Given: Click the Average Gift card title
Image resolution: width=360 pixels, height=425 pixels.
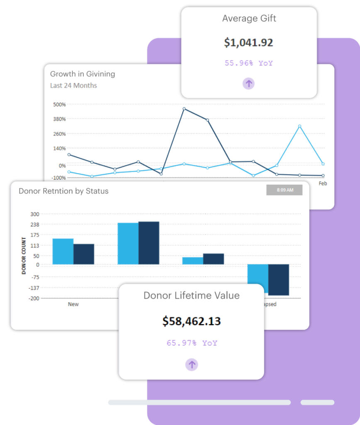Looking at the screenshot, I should point(249,19).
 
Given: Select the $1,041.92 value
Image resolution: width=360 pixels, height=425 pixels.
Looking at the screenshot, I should point(248,42).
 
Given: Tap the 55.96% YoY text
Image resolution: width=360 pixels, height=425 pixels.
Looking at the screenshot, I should point(249,63).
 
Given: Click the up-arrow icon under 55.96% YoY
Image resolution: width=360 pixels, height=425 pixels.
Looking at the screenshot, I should point(248,84).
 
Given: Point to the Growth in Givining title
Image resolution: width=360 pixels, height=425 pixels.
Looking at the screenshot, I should point(83,74).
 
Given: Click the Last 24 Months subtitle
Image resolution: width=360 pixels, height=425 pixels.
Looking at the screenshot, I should point(73,85).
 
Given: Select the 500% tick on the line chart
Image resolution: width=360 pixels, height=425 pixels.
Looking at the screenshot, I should point(59,104).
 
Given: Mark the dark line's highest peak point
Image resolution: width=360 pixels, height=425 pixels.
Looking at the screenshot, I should point(184,109).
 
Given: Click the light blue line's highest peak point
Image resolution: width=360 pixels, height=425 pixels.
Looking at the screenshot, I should point(299,126).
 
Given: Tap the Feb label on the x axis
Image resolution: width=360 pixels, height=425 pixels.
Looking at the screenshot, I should point(323,183).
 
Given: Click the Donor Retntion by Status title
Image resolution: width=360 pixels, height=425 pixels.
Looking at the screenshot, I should point(64,191).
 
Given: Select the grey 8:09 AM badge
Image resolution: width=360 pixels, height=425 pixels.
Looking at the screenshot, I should point(284,190).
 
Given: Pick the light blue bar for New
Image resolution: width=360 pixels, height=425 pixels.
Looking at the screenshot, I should point(63,251).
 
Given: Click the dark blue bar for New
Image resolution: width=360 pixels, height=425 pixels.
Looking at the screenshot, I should point(84,254).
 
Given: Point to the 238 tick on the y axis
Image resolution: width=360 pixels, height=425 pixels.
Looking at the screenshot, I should point(34,225).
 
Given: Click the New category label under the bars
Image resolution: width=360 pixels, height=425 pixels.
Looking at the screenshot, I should point(73,304).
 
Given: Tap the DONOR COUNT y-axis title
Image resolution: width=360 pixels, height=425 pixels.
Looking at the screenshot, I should point(24,256).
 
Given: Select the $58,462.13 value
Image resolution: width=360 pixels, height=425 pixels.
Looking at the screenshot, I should point(191,321).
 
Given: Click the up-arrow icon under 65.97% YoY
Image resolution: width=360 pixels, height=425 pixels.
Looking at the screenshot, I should point(191,365).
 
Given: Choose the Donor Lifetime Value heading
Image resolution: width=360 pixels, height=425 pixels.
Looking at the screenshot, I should point(191,296).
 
